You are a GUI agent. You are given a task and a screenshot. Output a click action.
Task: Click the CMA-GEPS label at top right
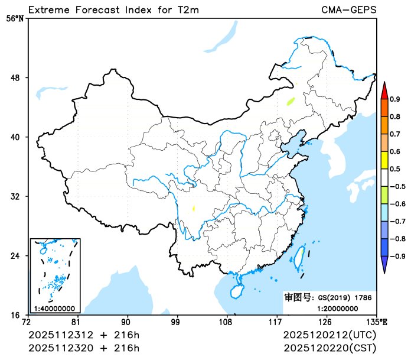point(349,10)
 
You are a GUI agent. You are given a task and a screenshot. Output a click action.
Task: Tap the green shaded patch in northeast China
point(290,100)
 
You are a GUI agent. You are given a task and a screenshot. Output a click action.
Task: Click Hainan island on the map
point(236,291)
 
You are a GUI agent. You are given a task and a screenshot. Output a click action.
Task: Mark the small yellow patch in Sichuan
point(194,208)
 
